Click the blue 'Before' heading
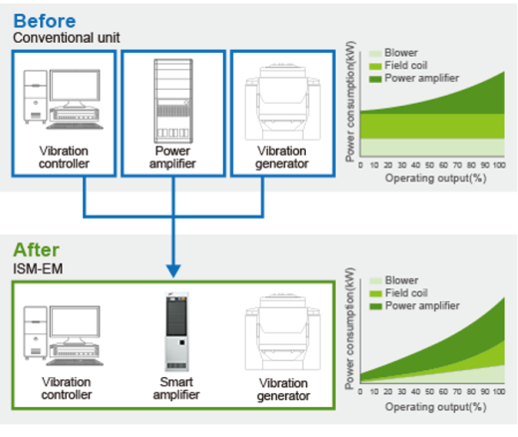(45, 21)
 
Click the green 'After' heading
(36, 249)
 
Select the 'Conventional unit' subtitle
(67, 38)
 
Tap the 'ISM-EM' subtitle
(38, 268)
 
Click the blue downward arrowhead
(173, 270)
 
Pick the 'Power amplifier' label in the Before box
(172, 158)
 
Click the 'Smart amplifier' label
(176, 388)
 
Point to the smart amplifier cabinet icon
(176, 331)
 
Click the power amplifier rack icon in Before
(173, 101)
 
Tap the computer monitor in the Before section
(75, 88)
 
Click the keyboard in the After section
(75, 362)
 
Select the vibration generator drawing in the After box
(283, 332)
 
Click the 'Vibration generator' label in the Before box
(282, 158)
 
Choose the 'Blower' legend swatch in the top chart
(376, 54)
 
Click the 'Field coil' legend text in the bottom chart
(406, 293)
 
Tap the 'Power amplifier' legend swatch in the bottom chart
(376, 306)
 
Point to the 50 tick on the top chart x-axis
(429, 165)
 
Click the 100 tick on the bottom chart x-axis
(499, 392)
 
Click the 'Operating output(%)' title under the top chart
(435, 179)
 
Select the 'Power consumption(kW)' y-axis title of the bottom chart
(350, 328)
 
